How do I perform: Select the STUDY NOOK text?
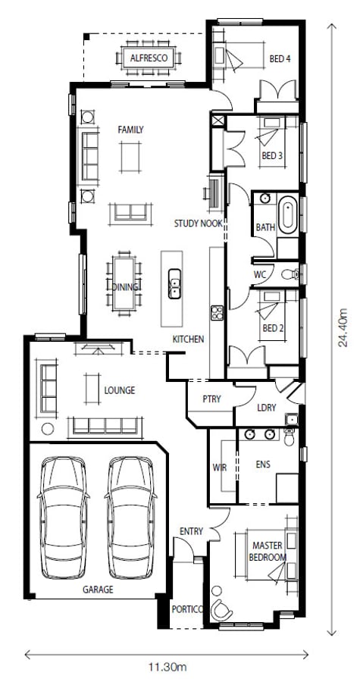(198, 224)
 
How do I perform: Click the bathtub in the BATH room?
(289, 215)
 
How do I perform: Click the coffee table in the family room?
(130, 156)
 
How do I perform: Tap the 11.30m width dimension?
(167, 667)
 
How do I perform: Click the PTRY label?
(211, 399)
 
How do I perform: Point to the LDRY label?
(266, 408)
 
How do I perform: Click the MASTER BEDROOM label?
(268, 551)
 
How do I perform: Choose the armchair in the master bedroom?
(223, 608)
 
